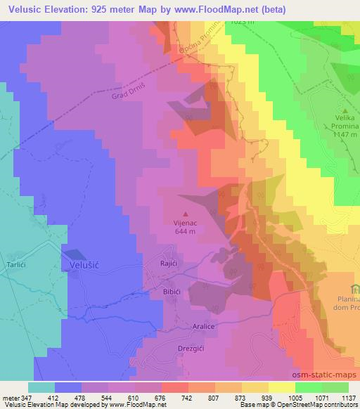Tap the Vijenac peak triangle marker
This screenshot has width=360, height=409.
186,214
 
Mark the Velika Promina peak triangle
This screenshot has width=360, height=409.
344,110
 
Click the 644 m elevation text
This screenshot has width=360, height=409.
186,233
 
